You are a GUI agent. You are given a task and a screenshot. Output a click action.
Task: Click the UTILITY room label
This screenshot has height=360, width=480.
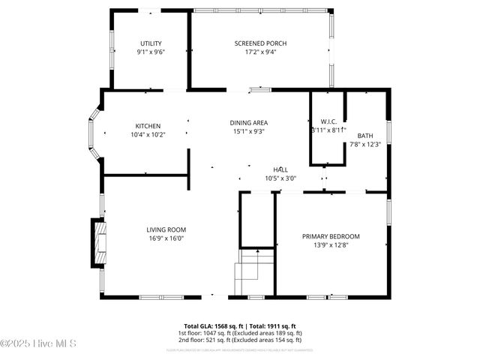click(x=150, y=43)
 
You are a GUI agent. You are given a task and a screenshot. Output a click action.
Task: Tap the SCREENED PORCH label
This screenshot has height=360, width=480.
click(x=260, y=43)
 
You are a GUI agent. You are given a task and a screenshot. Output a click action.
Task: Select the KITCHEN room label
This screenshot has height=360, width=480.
click(x=148, y=126)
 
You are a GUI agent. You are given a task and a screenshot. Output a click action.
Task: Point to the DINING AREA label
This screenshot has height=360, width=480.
click(x=249, y=122)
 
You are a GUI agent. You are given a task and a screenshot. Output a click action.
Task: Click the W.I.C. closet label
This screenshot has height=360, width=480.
click(x=328, y=121)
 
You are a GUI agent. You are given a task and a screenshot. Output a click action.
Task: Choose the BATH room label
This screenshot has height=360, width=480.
click(x=365, y=136)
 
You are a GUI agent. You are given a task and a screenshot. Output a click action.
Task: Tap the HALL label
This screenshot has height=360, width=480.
click(x=280, y=169)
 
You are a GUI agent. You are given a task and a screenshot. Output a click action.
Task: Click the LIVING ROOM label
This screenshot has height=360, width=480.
click(x=166, y=229)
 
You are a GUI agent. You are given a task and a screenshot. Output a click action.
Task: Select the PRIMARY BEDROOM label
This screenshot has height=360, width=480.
click(x=331, y=235)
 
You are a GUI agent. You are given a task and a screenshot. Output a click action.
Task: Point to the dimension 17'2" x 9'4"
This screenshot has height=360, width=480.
click(x=260, y=52)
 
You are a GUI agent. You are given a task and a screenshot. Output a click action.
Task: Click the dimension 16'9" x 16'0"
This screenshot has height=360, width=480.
click(x=166, y=238)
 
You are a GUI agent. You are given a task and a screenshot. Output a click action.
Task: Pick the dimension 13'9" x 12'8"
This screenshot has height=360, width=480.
click(x=331, y=244)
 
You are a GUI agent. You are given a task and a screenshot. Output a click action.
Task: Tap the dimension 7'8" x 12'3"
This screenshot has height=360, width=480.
click(x=365, y=145)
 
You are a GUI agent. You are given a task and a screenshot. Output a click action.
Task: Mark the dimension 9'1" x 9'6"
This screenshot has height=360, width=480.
click(x=150, y=52)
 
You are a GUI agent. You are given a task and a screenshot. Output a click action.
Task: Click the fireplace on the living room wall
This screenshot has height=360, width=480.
click(x=97, y=243)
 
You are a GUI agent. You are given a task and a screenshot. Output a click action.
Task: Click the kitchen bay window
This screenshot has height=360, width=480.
click(x=94, y=133)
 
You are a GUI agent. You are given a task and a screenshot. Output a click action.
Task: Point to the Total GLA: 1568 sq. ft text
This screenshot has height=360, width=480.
click(x=205, y=325)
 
